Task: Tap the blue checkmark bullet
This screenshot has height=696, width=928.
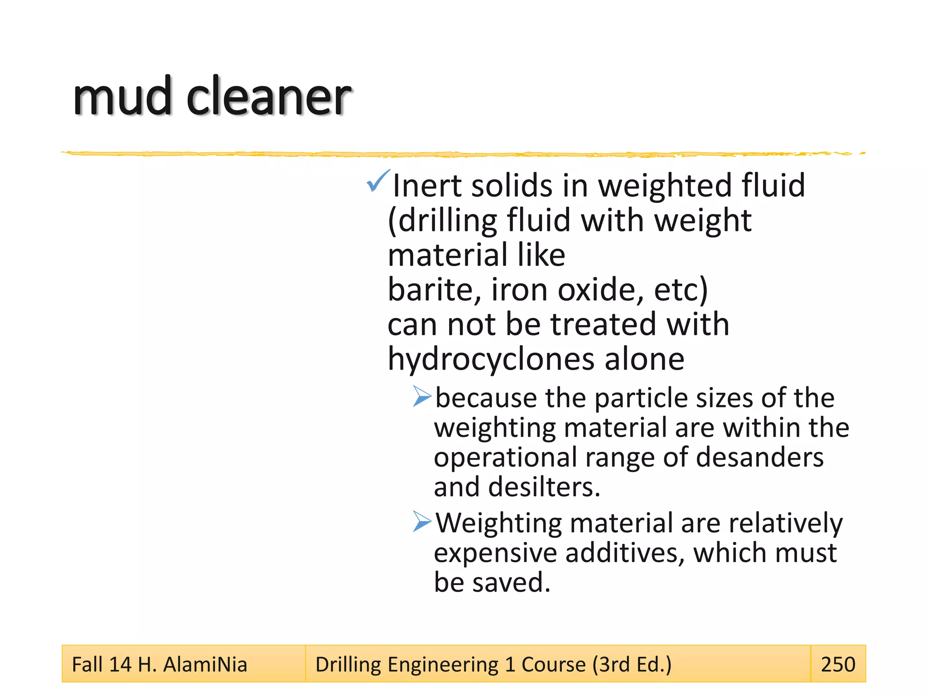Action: coord(377,181)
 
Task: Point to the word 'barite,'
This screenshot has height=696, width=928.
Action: coord(435,290)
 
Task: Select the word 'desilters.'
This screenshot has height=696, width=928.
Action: coord(544,487)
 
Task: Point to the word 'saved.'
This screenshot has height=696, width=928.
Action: coord(512,583)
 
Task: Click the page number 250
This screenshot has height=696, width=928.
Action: coord(838,665)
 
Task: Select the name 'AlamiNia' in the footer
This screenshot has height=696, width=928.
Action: coord(205,665)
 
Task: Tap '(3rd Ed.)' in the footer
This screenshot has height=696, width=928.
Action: coord(632,665)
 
